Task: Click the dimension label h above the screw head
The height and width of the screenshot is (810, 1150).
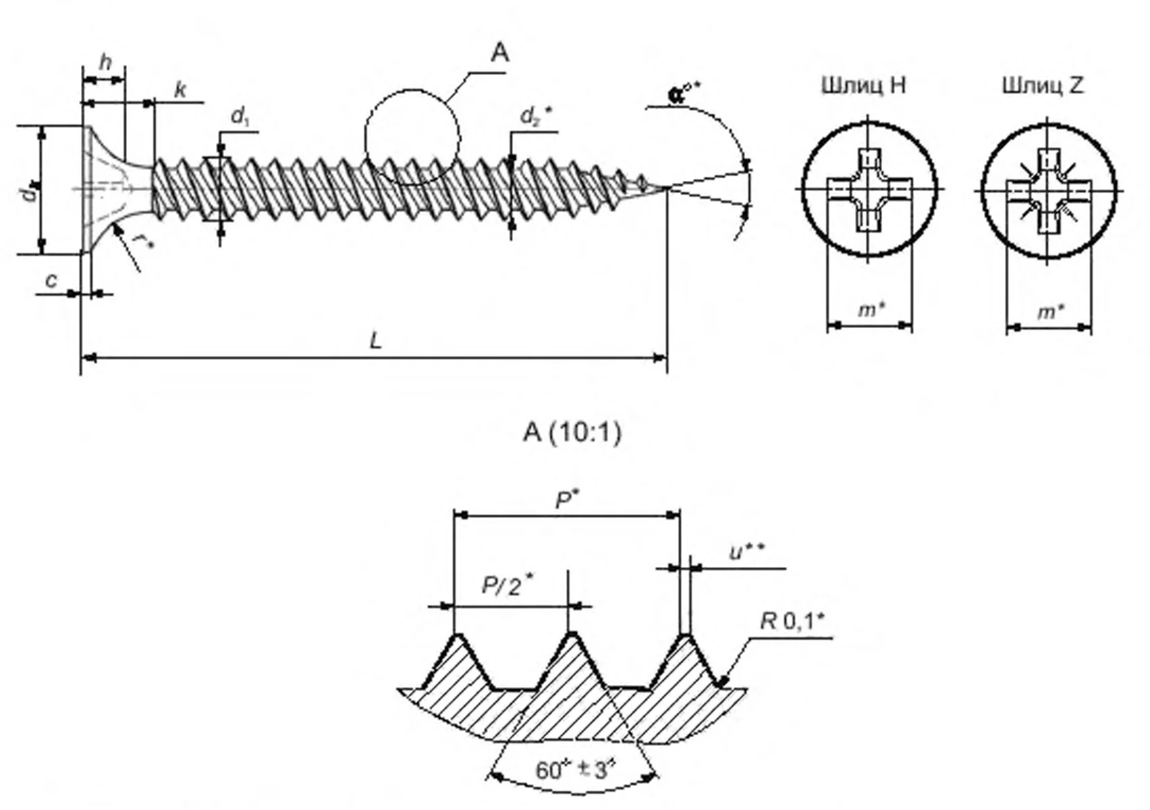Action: click(x=105, y=62)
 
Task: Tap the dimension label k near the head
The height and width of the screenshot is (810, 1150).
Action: click(x=180, y=90)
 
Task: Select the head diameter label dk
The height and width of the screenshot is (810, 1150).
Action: click(x=28, y=192)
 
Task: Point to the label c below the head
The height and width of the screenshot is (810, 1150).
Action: click(x=51, y=280)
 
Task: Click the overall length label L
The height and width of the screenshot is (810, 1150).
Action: click(x=375, y=341)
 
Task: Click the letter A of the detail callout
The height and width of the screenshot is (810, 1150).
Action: click(x=499, y=53)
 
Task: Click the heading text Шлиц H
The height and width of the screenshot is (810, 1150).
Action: click(x=863, y=86)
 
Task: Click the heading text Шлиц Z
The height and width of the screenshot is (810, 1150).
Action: click(x=1043, y=86)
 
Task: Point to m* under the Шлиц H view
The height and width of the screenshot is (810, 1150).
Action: click(x=871, y=310)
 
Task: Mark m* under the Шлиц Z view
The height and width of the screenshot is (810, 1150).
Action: click(x=1051, y=311)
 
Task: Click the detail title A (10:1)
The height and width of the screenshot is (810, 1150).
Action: click(x=572, y=432)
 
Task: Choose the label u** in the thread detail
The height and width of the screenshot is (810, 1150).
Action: click(x=747, y=552)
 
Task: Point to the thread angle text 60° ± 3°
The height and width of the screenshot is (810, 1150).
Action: click(x=576, y=769)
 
